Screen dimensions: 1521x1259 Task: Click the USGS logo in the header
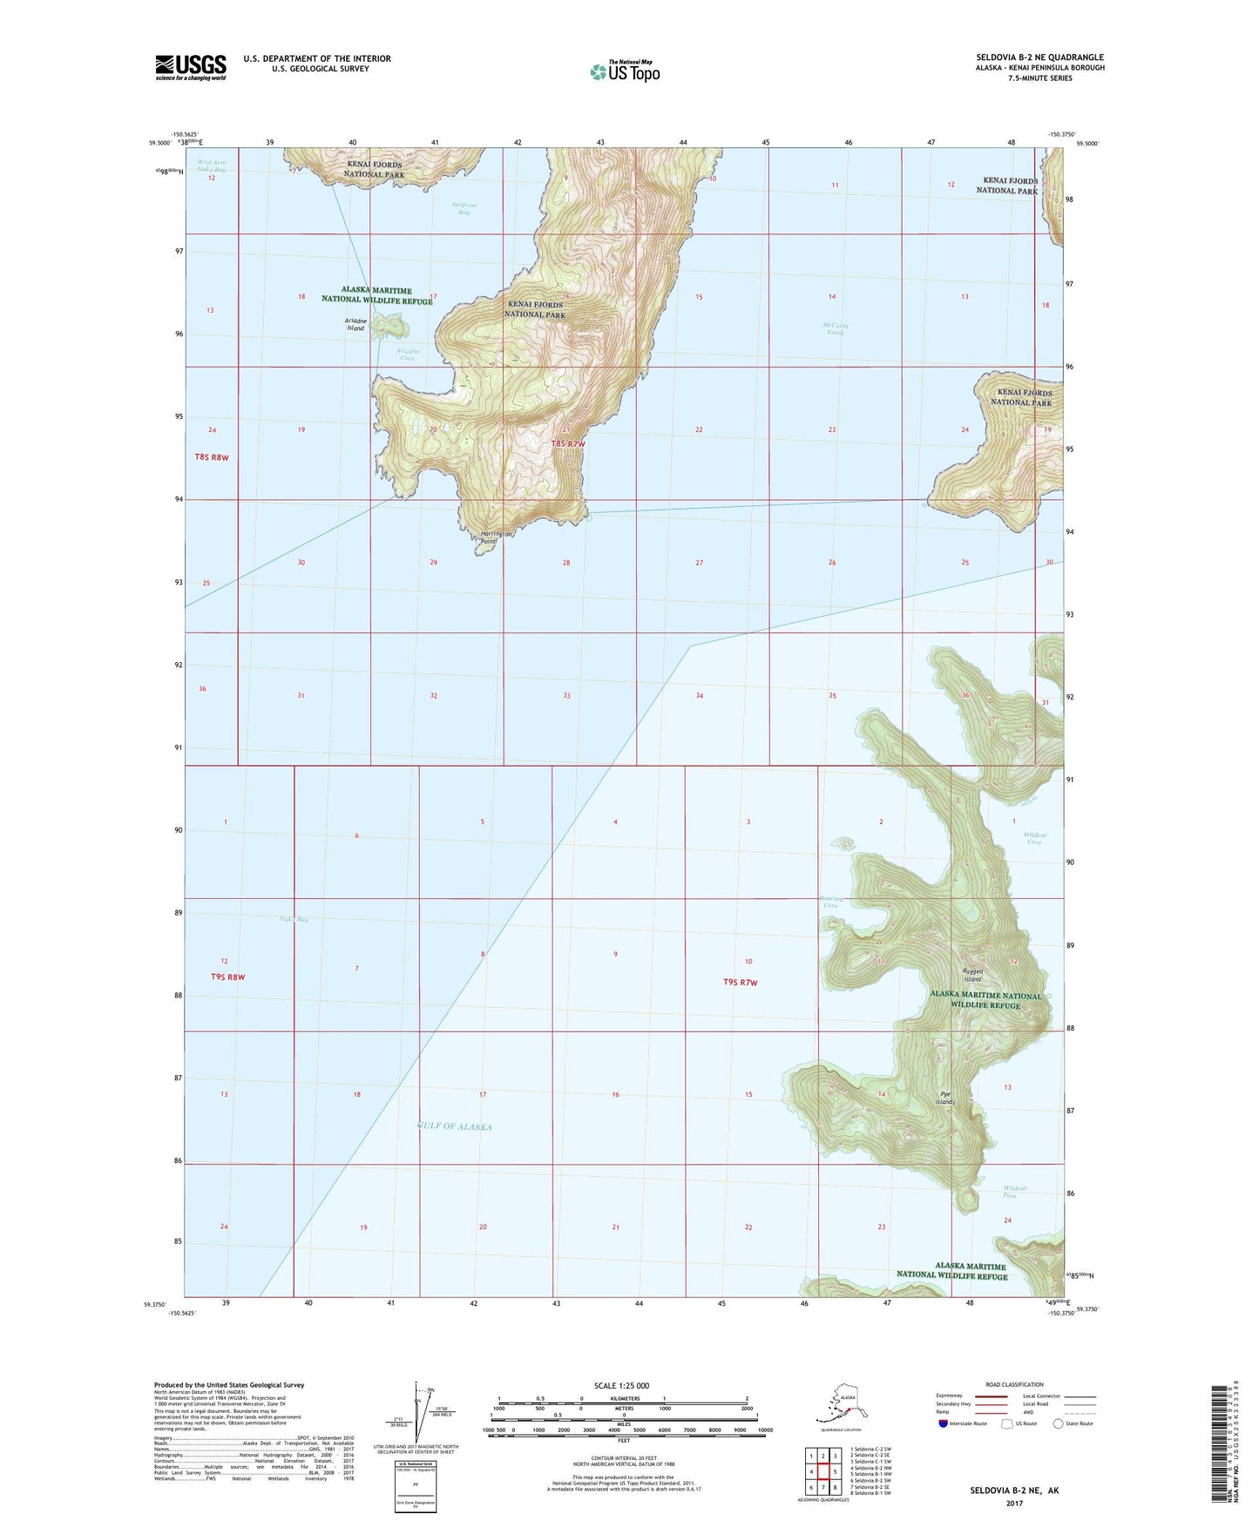point(190,67)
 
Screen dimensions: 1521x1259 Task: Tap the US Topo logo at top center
point(624,71)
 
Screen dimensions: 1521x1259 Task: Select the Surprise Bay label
point(464,209)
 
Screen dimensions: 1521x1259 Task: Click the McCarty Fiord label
point(834,329)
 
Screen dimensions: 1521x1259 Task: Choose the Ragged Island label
point(972,975)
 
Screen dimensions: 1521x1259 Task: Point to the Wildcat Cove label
point(1034,838)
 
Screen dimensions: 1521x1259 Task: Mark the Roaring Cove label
point(831,902)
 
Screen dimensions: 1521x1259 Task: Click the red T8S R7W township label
point(568,444)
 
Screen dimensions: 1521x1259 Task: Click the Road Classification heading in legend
point(1013,1384)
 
